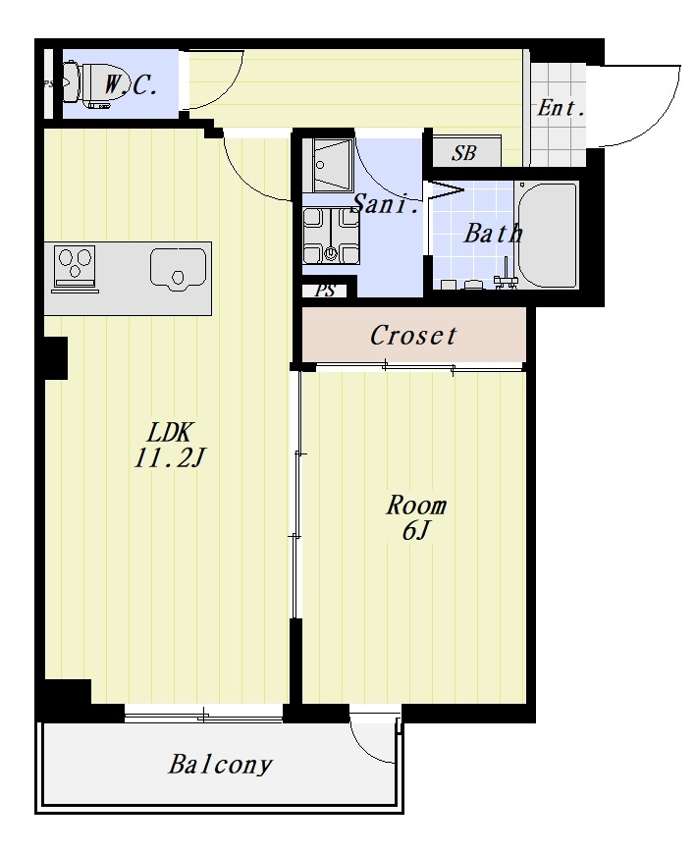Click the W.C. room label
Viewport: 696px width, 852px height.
(131, 85)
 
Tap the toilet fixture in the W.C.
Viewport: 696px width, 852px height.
(86, 84)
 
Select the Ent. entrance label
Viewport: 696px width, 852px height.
(562, 108)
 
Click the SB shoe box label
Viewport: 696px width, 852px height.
(464, 153)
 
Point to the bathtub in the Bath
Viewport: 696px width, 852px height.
(547, 235)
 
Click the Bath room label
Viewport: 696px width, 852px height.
(493, 233)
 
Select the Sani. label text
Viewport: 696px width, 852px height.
(386, 204)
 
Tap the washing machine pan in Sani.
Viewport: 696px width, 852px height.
(331, 236)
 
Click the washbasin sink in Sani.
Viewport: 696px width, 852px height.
(333, 165)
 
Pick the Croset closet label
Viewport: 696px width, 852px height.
(413, 336)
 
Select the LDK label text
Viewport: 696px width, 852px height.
(169, 433)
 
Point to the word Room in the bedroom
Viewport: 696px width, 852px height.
(416, 506)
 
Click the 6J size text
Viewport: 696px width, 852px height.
(416, 531)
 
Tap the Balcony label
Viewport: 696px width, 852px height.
(220, 765)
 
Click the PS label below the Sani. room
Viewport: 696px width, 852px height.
(326, 291)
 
